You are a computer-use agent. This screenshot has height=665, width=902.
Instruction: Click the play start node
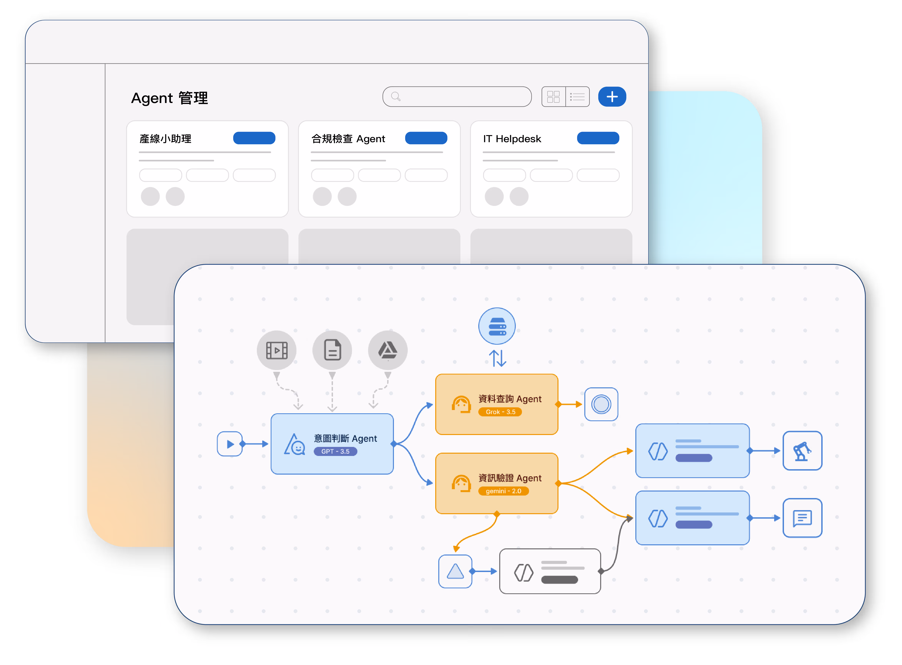pos(230,444)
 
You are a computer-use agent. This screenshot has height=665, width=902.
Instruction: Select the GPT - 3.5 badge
pos(335,452)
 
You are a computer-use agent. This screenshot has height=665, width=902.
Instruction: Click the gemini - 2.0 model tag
pos(503,491)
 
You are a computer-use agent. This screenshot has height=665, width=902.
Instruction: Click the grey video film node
pos(277,350)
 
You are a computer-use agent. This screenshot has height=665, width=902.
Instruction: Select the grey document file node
pos(332,350)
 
